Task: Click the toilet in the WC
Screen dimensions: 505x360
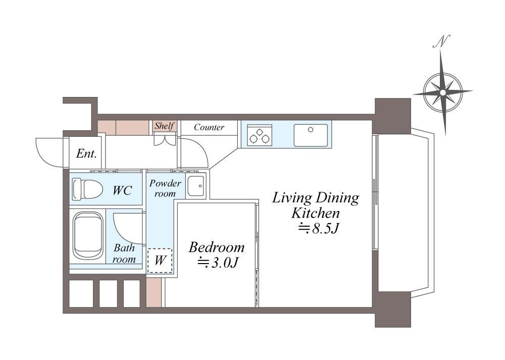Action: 87,189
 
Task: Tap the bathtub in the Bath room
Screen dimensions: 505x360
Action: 88,235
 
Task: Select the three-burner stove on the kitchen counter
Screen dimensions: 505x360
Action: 259,135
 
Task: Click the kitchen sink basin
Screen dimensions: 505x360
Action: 311,135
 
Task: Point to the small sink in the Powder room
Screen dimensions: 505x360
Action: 195,186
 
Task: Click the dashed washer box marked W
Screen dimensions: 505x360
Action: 160,261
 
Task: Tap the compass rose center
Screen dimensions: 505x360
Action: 443,93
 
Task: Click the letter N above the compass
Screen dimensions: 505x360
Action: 441,42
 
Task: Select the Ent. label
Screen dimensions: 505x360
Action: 86,153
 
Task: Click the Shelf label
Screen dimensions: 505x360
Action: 165,126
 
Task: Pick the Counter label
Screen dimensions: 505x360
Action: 209,127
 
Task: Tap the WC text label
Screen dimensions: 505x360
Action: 122,190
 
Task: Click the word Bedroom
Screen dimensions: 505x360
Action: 217,247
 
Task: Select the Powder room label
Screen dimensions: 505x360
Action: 165,188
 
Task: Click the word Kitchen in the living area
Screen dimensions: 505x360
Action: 316,213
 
